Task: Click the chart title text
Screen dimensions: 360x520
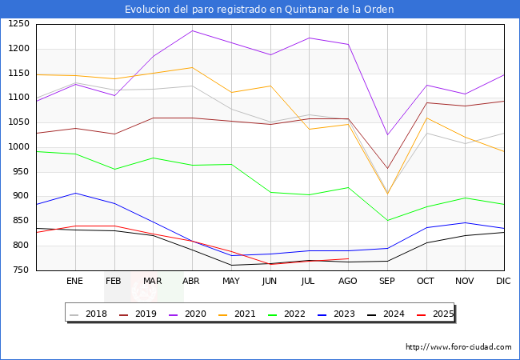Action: click(x=259, y=10)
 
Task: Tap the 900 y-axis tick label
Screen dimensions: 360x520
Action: click(x=18, y=196)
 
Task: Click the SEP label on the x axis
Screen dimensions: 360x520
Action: click(x=387, y=282)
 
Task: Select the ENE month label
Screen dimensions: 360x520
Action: click(x=74, y=282)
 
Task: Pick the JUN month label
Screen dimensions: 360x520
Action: click(x=270, y=282)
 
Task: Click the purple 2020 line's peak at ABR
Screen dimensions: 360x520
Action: click(x=192, y=30)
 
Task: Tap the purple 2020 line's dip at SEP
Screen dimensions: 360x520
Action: click(x=387, y=134)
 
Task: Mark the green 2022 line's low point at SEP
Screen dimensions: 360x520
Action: click(x=387, y=221)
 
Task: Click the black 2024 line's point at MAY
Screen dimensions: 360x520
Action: click(x=231, y=265)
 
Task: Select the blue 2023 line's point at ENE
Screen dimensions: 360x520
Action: click(x=74, y=193)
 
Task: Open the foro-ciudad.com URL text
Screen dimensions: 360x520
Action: click(x=458, y=347)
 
